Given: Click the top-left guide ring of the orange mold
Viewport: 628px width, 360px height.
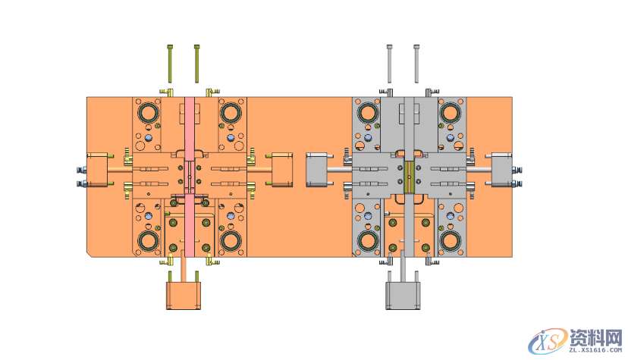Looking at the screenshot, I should [146, 114].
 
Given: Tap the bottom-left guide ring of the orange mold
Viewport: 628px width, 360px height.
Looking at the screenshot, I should [146, 242].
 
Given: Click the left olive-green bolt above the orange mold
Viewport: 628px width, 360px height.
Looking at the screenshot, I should [170, 63].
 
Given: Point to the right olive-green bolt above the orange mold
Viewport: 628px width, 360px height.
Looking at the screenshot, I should [196, 63].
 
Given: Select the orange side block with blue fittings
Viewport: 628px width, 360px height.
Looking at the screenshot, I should [98, 170].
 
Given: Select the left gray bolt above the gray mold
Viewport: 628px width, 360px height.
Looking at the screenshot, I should [390, 63].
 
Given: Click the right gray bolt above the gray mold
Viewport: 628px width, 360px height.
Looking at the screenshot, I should [416, 63].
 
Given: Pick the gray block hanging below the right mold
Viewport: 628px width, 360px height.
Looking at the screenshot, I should [403, 295].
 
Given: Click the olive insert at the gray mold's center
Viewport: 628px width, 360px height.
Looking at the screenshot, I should [410, 174].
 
